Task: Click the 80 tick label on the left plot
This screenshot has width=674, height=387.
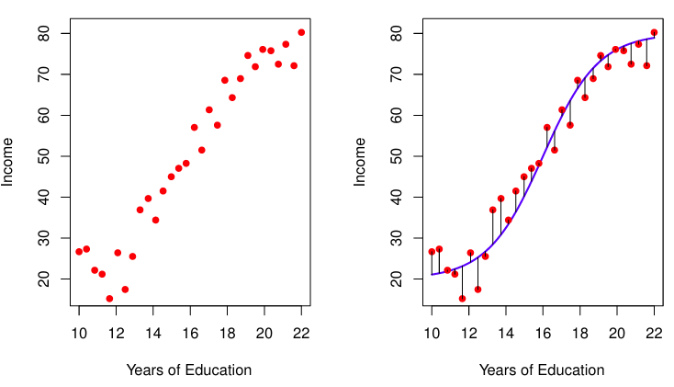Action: tap(44, 34)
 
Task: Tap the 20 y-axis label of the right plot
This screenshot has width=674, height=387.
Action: tap(397, 279)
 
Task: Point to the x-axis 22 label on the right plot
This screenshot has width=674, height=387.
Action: tap(654, 333)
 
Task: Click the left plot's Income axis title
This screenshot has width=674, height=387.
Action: tap(7, 162)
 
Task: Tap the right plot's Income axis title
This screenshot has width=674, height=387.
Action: tap(360, 162)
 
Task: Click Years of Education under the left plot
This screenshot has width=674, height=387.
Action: tap(189, 370)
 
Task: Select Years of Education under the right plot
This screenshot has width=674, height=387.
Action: tap(542, 370)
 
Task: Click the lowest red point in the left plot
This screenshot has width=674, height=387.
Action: tap(109, 299)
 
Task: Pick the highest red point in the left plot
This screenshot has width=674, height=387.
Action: tap(301, 32)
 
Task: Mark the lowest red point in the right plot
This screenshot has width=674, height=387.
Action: tap(463, 299)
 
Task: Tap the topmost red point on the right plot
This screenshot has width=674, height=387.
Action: tap(654, 32)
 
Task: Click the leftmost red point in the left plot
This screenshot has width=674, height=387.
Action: tap(79, 252)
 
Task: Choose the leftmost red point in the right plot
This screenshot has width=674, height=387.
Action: tap(432, 252)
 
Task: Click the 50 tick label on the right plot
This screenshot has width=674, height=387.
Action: tap(397, 156)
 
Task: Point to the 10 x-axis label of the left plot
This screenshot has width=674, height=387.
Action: tap(79, 333)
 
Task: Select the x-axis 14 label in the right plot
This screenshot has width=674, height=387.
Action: tap(506, 333)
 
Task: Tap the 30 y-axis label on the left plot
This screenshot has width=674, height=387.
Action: tap(44, 238)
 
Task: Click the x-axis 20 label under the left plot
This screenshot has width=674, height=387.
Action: tap(264, 333)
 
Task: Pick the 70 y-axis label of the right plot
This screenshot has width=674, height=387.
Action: tap(397, 74)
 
